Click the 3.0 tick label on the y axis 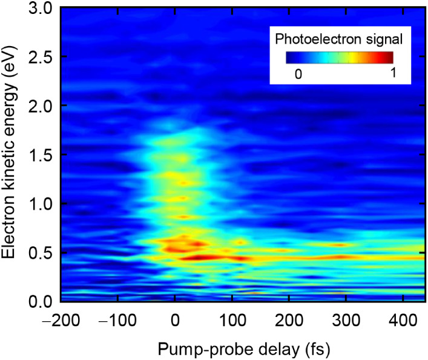point(40,8)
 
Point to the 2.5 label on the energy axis point(40,57)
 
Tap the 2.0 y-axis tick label point(40,106)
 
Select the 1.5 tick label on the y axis point(40,155)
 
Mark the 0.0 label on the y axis point(40,302)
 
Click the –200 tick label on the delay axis point(61,320)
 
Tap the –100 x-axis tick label point(117,320)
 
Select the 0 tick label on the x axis point(175,320)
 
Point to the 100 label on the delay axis point(232,320)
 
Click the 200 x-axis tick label point(289,320)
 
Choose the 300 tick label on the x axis point(346,320)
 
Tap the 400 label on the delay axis point(403,320)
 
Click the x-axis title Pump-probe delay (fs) point(244,349)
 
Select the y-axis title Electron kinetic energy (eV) point(8,152)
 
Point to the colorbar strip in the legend point(340,58)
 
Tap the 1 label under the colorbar point(393,73)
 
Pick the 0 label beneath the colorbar point(298,74)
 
